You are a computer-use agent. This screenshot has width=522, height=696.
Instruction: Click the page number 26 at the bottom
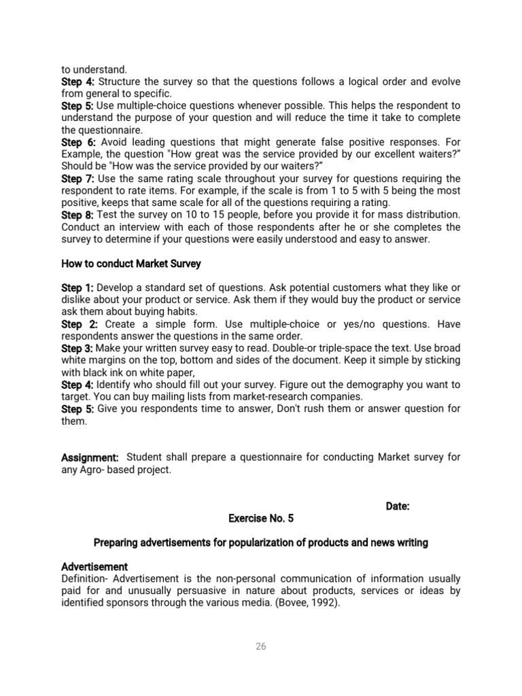261,646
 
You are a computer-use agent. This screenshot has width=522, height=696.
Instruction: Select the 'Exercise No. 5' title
261,518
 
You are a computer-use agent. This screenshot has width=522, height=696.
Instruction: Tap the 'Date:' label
398,506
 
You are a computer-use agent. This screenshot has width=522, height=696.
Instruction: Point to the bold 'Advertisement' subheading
94,566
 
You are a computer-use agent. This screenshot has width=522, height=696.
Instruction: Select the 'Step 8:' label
78,215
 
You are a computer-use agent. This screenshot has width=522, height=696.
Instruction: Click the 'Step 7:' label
78,179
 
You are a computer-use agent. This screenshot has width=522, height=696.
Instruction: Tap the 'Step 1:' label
78,288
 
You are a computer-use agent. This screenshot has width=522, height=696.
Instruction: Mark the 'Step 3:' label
78,348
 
